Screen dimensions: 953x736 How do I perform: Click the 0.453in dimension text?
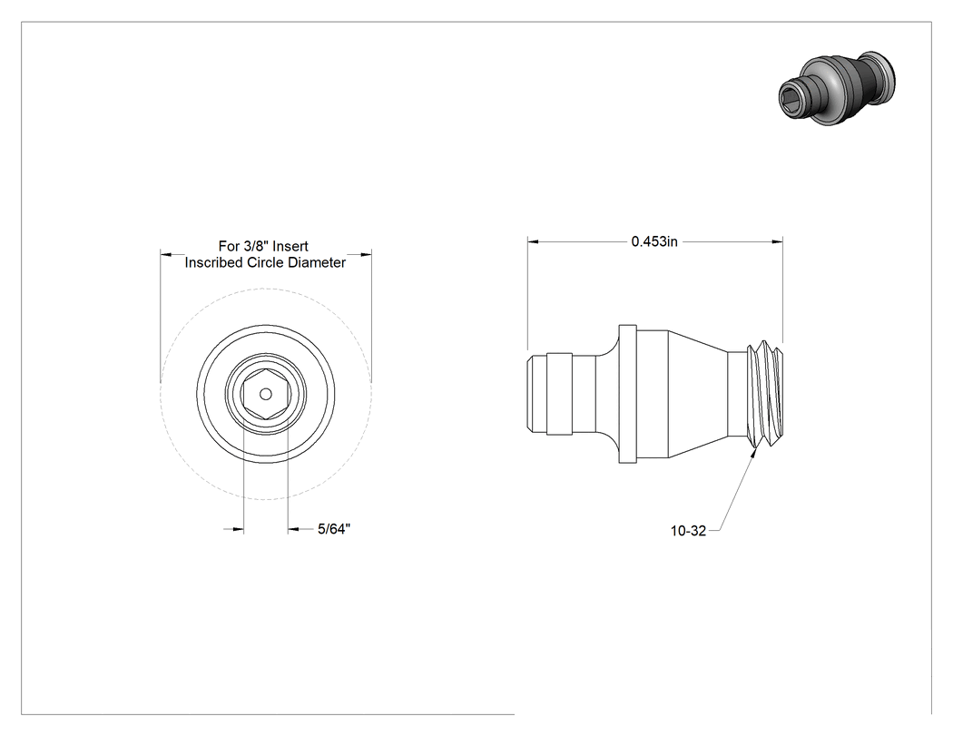pyautogui.click(x=654, y=241)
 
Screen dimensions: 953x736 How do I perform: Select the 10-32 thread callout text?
pyautogui.click(x=688, y=531)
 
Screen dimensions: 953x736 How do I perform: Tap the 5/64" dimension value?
pyautogui.click(x=334, y=529)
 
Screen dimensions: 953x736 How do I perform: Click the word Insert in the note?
pyautogui.click(x=290, y=246)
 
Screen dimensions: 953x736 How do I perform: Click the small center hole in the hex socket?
pyautogui.click(x=266, y=395)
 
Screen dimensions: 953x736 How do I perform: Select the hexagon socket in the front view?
pyautogui.click(x=266, y=395)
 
